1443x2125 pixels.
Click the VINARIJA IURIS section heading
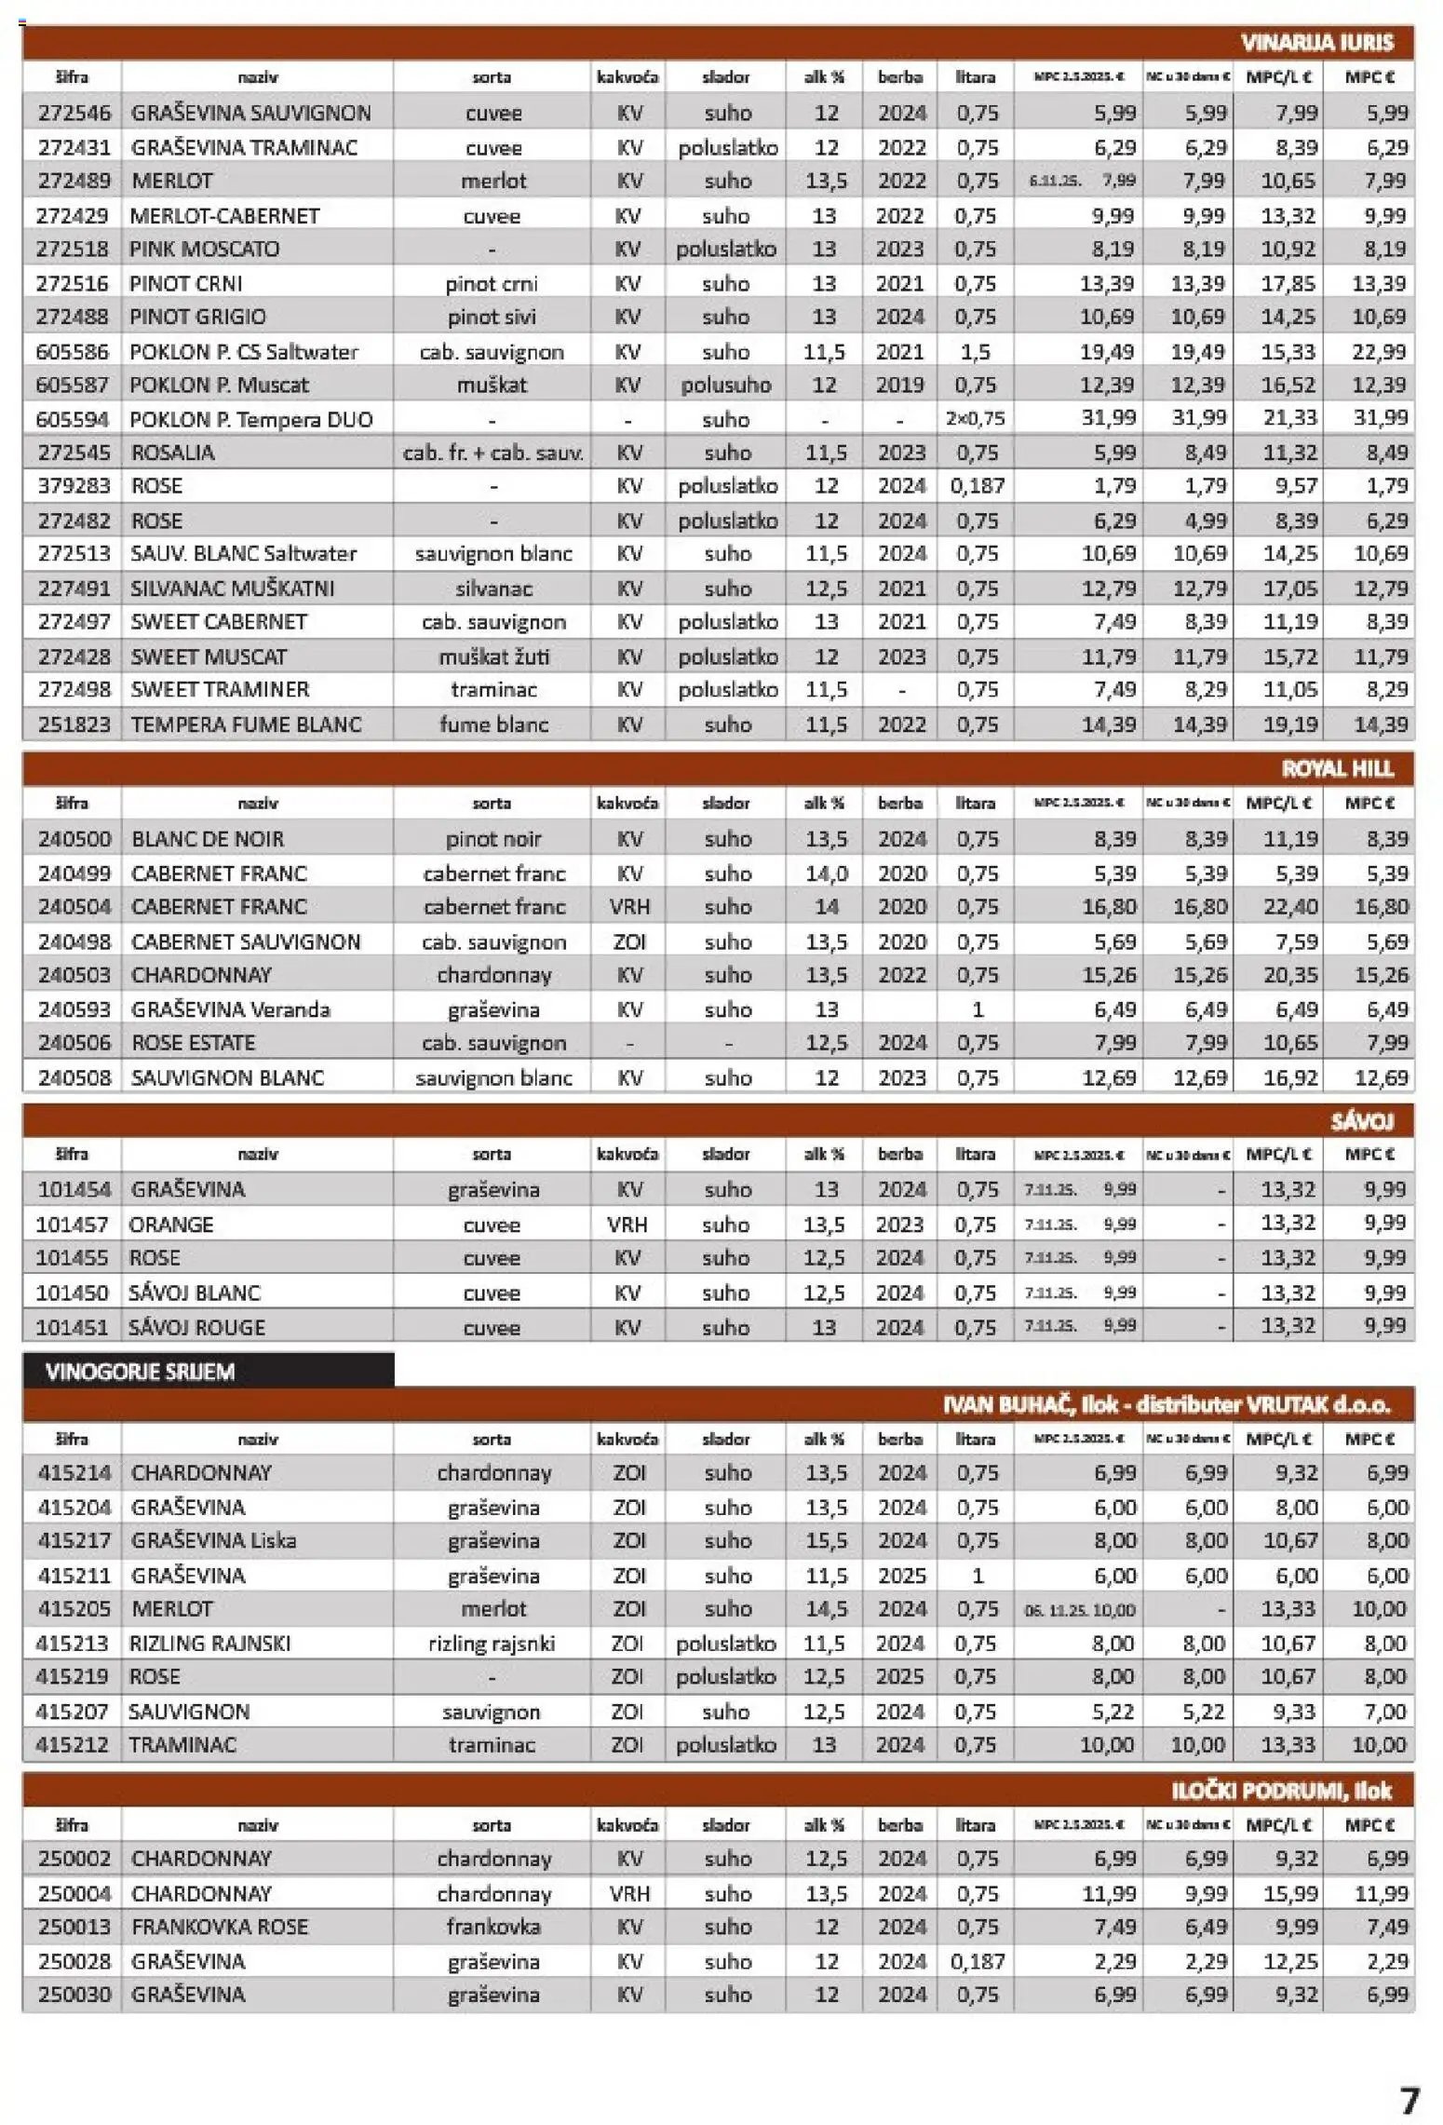tap(1316, 43)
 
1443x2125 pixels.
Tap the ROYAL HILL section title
tap(1337, 768)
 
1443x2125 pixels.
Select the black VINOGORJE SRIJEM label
tap(140, 1371)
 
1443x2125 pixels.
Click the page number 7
tap(1410, 2101)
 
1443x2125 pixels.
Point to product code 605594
tap(72, 419)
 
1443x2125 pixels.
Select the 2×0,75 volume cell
tap(975, 419)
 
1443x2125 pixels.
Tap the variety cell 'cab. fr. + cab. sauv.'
tap(492, 453)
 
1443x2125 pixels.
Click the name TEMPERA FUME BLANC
tap(246, 724)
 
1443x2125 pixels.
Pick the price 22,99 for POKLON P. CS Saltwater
tap(1379, 351)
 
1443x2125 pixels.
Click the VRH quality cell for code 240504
tap(628, 907)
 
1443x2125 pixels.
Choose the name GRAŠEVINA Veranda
tap(230, 1009)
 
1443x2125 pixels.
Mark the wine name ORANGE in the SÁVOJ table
tap(171, 1224)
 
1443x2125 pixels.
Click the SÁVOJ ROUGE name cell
tap(196, 1327)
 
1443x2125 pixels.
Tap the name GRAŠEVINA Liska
tap(213, 1540)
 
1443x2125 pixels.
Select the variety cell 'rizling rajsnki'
tap(492, 1644)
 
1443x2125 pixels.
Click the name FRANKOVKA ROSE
tap(219, 1927)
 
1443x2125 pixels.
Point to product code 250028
tap(74, 1961)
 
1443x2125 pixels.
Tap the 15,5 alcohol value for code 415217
tap(826, 1540)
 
